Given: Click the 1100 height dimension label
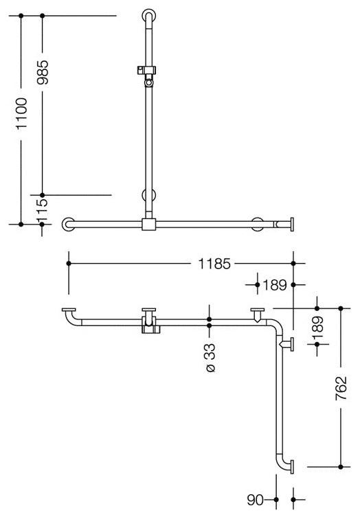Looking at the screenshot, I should (x=22, y=115).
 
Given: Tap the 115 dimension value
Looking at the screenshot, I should (x=43, y=204).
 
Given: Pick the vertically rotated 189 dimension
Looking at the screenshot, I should (x=317, y=327).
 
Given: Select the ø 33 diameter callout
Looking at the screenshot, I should (x=210, y=357).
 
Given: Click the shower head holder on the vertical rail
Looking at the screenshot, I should (x=148, y=71).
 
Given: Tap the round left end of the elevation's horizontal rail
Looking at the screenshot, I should (x=68, y=224).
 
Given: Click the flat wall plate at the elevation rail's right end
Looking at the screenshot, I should (x=293, y=224).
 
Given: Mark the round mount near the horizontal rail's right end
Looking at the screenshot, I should (x=258, y=224).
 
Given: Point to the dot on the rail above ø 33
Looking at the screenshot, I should (x=210, y=320).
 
